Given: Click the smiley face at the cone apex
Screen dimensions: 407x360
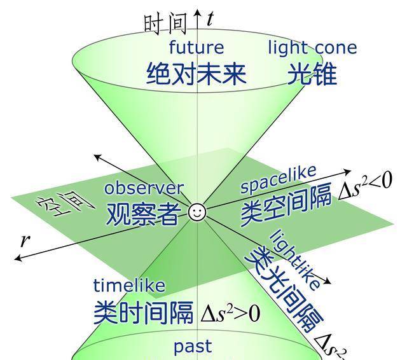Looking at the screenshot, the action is (197, 212).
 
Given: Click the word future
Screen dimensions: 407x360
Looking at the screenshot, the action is (197, 48).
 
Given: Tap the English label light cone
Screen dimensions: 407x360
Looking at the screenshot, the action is (312, 48).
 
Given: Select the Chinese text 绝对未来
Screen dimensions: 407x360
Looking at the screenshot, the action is (196, 74).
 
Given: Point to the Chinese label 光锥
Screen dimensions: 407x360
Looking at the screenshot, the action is (311, 74).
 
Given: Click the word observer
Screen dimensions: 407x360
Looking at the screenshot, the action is (144, 188).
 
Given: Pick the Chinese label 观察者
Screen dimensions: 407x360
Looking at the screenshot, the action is (142, 214).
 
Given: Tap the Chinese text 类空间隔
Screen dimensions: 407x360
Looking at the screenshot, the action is (286, 207).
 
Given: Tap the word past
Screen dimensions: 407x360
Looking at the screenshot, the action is (193, 347).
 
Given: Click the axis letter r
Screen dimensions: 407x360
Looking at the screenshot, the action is (25, 240).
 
